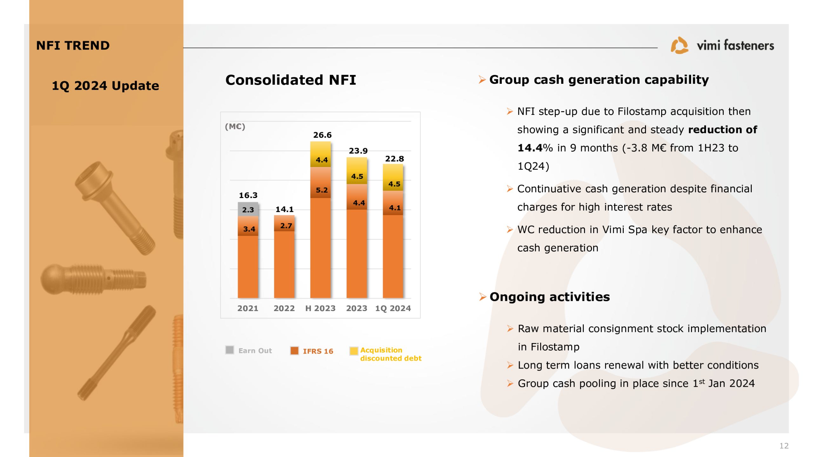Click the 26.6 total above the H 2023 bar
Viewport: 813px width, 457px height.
322,135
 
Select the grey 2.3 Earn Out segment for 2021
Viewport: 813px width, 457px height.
248,209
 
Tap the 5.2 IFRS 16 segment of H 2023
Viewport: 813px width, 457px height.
320,182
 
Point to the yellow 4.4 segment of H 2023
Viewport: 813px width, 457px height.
320,154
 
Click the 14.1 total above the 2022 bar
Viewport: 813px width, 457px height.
285,209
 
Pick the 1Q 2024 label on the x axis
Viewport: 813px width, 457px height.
393,308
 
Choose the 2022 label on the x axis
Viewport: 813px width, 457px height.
284,308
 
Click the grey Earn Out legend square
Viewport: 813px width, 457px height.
230,350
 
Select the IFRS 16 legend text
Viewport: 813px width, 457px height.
318,351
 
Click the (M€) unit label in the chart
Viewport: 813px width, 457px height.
235,127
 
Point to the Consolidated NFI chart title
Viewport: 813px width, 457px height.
291,80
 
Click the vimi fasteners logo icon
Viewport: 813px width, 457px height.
679,45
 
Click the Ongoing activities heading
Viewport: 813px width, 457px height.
550,297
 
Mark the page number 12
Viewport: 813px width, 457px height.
784,446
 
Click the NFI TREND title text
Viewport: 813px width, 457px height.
73,45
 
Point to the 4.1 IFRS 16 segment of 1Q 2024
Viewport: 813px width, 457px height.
393,203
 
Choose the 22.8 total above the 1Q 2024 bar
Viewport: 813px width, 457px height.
394,159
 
